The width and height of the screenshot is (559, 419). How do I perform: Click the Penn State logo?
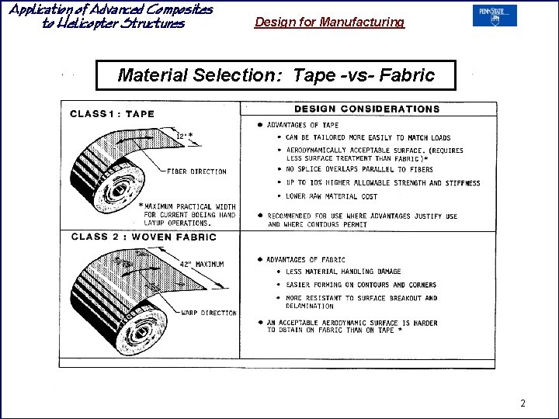[x=495, y=16]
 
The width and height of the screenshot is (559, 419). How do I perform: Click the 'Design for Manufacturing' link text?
[x=329, y=23]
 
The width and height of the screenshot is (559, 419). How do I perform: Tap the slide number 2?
[x=523, y=403]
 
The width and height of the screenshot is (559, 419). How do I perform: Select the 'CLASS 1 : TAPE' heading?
[x=113, y=114]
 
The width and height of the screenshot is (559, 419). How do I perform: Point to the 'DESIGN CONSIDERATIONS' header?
[x=366, y=109]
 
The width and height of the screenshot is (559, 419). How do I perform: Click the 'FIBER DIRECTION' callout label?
[x=196, y=171]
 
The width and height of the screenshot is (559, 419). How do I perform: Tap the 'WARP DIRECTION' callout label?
[x=208, y=313]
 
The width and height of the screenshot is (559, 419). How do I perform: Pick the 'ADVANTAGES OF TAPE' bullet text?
[x=303, y=125]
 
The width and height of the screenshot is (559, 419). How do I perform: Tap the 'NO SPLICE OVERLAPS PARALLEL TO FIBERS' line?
[x=359, y=169]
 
